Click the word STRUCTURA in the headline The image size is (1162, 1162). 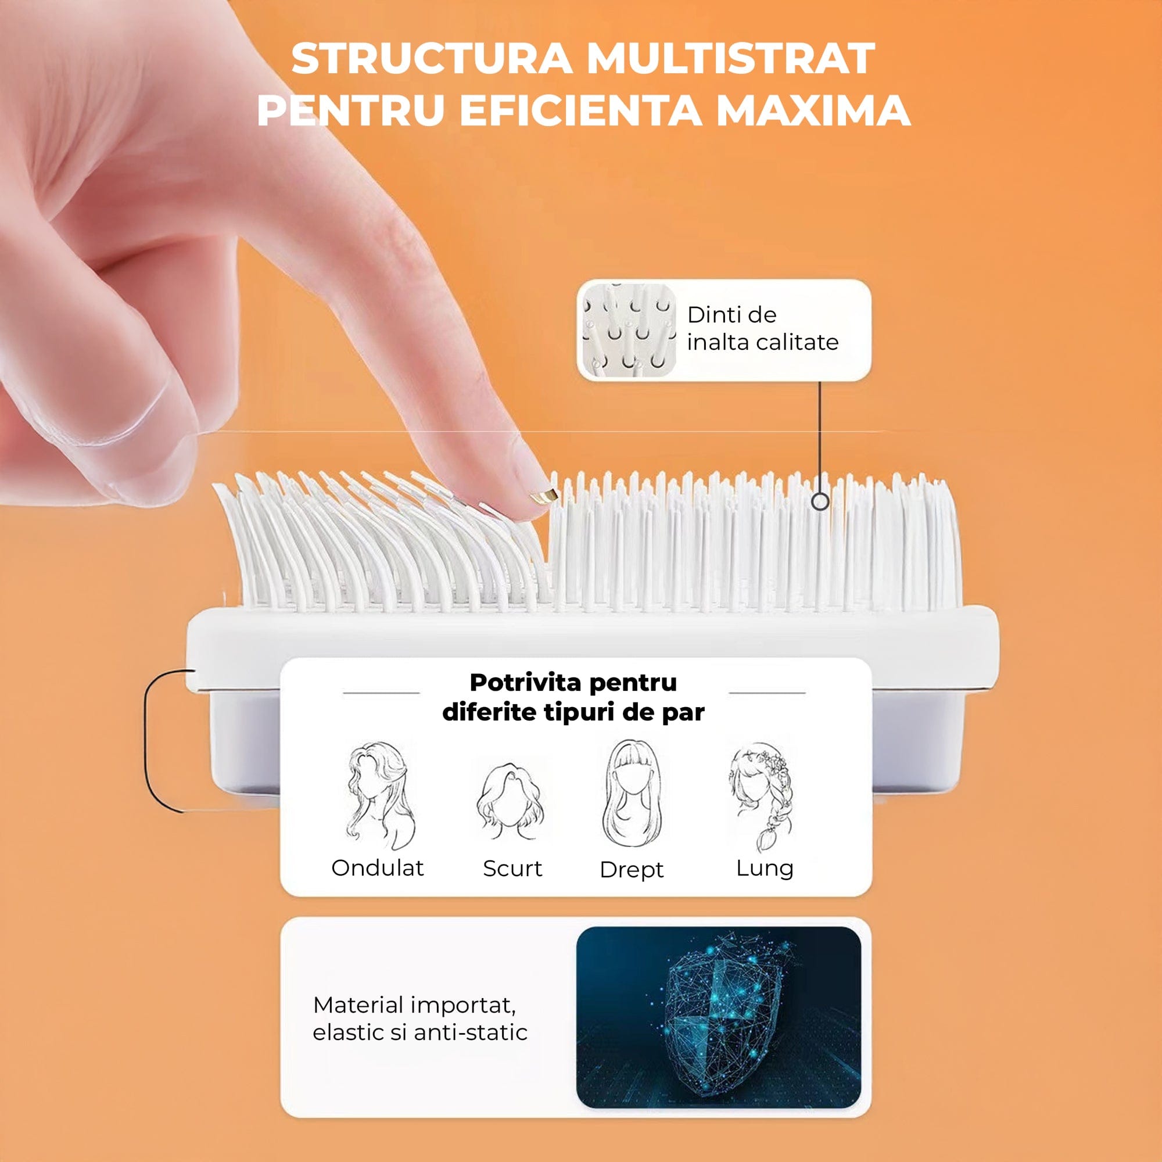[x=431, y=58]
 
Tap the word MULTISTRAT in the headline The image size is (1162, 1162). [x=731, y=58]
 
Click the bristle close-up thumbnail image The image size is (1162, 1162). [x=629, y=329]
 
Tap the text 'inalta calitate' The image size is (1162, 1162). [x=763, y=342]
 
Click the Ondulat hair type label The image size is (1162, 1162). [x=378, y=867]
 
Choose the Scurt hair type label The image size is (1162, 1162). [x=512, y=868]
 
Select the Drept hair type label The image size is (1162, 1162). [x=632, y=870]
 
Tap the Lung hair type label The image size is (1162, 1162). [x=765, y=869]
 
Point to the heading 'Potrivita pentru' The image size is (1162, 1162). [x=573, y=683]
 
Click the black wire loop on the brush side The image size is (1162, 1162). [x=146, y=740]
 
